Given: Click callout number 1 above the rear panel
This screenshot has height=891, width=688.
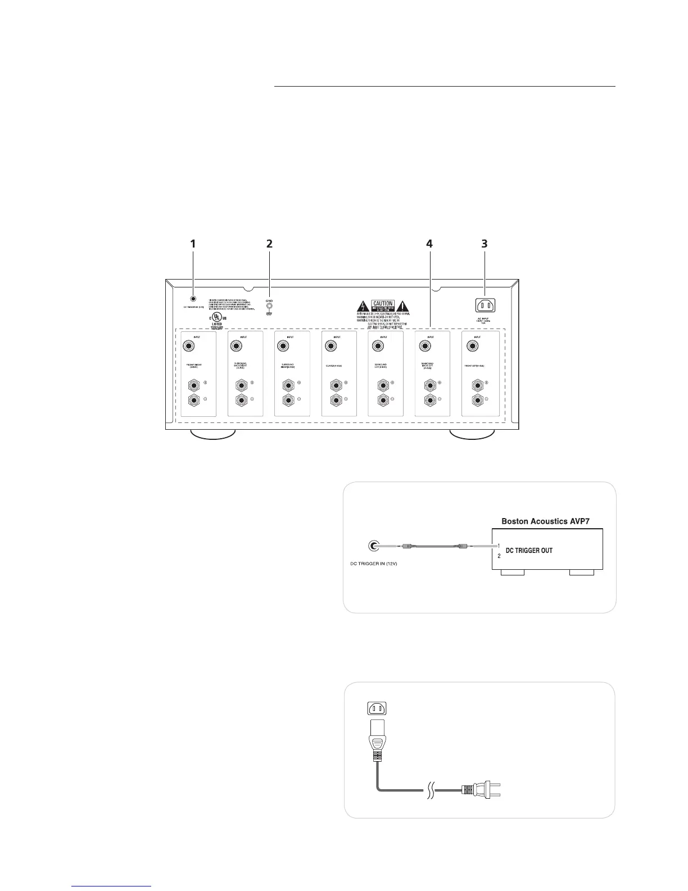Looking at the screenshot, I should click(193, 244).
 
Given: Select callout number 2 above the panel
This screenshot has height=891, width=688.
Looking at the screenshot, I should click(269, 244).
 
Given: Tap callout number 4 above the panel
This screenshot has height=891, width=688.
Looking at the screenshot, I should click(429, 244).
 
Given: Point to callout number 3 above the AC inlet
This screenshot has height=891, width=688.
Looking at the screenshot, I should click(484, 244).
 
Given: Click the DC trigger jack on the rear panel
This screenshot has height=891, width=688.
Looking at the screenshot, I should click(193, 300).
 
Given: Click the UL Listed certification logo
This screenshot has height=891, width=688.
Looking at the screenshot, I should click(216, 317).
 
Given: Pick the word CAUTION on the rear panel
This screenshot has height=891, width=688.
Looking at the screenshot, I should click(382, 304).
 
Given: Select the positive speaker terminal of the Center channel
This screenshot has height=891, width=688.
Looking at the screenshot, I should click(336, 386).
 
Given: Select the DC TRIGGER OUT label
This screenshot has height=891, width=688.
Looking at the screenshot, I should click(529, 551).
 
